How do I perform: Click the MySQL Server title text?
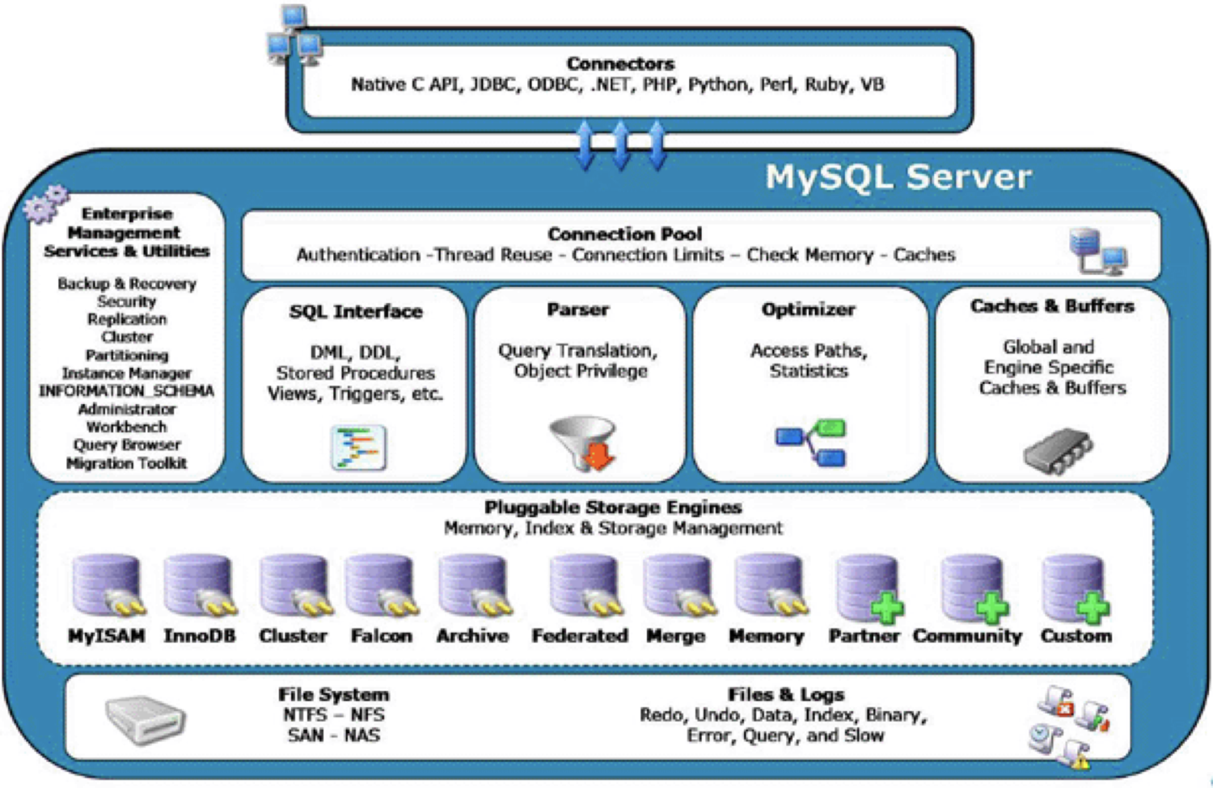tap(898, 177)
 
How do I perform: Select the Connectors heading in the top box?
tap(620, 63)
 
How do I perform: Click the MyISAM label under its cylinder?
tap(106, 636)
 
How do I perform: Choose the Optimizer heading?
tap(808, 310)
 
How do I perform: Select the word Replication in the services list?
tap(127, 319)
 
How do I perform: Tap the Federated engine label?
tap(580, 636)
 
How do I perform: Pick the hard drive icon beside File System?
tap(146, 719)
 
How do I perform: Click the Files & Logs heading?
tap(785, 694)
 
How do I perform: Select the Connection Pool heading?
tap(624, 234)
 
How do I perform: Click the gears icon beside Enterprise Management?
tap(45, 203)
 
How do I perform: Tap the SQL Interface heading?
tap(356, 311)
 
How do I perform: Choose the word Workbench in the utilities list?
tap(127, 427)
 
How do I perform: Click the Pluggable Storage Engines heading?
tap(613, 508)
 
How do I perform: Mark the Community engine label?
tap(967, 636)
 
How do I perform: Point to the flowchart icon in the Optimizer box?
tap(811, 443)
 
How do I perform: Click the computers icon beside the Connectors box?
tap(294, 36)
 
